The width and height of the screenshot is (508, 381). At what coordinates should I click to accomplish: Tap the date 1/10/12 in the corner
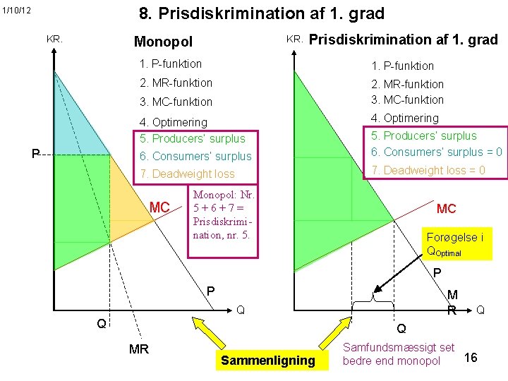click(16, 11)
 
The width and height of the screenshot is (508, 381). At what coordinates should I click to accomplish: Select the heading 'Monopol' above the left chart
click(163, 42)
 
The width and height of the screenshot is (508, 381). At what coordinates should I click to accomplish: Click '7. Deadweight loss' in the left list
click(188, 174)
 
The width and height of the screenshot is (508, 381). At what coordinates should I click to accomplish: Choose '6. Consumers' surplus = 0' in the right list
click(436, 152)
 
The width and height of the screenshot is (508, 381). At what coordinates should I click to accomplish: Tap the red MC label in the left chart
click(160, 207)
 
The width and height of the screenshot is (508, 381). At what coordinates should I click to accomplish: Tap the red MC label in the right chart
click(447, 209)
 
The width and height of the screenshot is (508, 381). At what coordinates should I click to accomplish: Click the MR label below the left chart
click(139, 349)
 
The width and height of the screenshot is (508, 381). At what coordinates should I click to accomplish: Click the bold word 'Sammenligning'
click(268, 361)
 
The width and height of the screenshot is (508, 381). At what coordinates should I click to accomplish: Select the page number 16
click(471, 358)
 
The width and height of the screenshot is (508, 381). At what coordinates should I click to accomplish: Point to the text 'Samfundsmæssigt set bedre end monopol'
click(399, 354)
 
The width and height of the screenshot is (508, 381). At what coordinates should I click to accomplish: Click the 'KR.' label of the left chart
click(54, 40)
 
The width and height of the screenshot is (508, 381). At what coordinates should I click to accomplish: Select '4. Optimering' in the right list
click(406, 118)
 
